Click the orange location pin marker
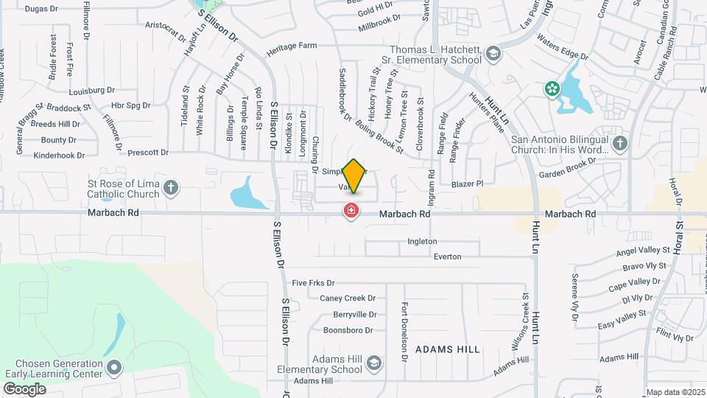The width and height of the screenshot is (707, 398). point(353,175)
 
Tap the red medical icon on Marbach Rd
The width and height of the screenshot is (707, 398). point(352,212)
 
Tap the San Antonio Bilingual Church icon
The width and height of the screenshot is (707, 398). point(620,143)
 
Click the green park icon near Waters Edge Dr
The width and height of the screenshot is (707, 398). point(551,89)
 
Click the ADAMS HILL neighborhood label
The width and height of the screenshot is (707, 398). point(447,349)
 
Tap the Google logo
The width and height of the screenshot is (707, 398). point(24,388)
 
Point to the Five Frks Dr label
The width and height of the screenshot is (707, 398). point(313,283)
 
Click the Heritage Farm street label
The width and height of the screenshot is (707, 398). point(292,46)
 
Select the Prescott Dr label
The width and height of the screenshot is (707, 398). point(148,153)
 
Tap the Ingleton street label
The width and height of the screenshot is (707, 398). point(422,241)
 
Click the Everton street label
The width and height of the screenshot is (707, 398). point(447,256)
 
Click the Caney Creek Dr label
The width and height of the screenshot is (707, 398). point(348,298)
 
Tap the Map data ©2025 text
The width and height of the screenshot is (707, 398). point(675,392)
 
